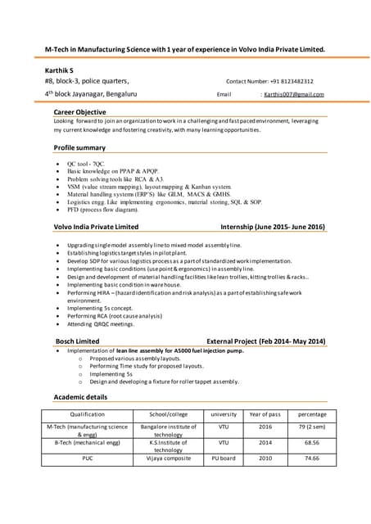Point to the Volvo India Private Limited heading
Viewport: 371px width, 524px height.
(x=96, y=226)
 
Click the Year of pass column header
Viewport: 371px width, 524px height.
(x=265, y=414)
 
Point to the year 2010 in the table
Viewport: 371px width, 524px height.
(x=265, y=458)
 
